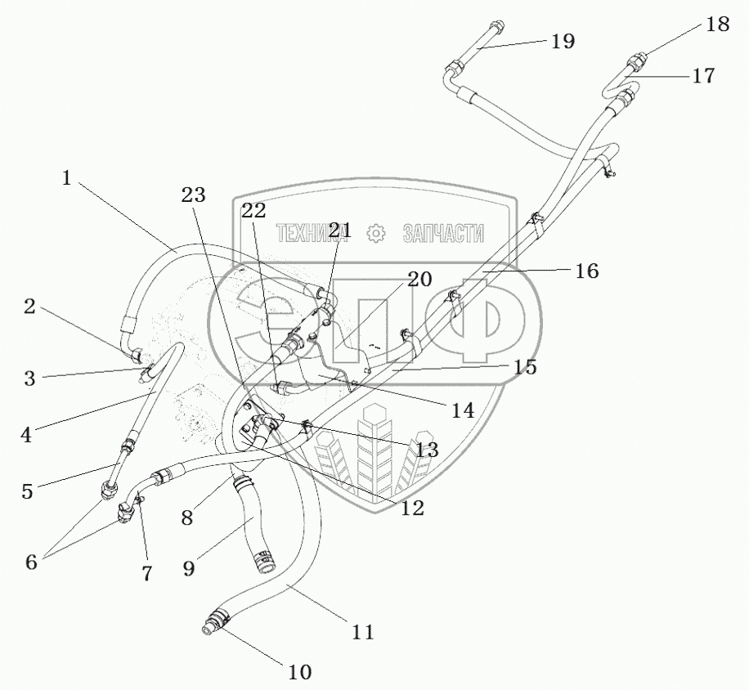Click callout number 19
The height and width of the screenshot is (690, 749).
point(563,41)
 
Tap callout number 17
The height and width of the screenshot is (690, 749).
point(702,76)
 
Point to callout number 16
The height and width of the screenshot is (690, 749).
point(586,271)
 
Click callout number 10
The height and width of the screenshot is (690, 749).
point(299,672)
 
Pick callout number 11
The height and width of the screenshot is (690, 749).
point(362,631)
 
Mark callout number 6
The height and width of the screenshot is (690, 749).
point(30,562)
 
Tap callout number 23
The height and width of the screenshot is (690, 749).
point(194,195)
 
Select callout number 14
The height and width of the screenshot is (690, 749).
point(463,410)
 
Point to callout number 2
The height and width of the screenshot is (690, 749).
point(29,307)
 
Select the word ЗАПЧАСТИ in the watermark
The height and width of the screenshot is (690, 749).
point(442,234)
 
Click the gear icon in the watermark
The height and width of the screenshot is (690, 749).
point(376,234)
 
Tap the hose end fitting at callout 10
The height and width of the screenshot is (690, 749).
point(213,625)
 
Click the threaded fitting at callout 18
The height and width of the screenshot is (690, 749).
point(637,59)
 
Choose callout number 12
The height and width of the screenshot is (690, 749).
point(413,507)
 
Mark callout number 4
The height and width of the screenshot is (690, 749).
point(26,434)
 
